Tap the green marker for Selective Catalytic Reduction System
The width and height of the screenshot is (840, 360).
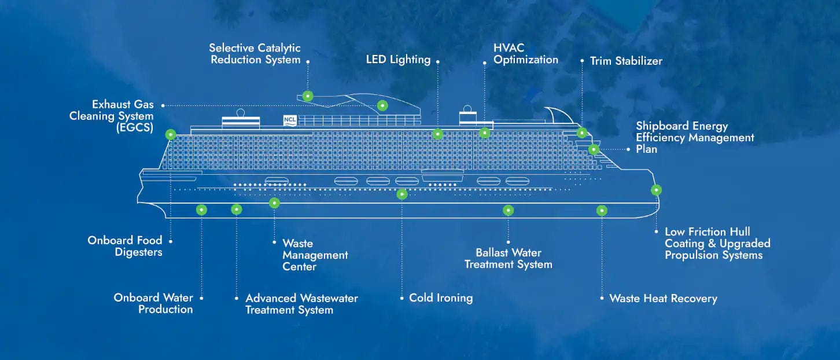point(308,96)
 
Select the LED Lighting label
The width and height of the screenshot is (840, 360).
point(398,60)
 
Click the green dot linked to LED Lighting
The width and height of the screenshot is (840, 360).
point(438,134)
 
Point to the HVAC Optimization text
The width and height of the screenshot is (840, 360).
point(525,54)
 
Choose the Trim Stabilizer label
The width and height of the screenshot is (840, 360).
point(626,61)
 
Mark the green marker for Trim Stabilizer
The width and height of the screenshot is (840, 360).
point(583,133)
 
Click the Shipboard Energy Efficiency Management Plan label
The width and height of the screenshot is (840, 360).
point(695,137)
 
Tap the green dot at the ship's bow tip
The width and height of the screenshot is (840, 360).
point(656,190)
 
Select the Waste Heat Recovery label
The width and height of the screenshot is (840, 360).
point(663,299)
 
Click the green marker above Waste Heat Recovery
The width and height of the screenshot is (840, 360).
point(602,211)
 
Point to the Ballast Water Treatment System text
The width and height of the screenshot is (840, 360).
point(508,259)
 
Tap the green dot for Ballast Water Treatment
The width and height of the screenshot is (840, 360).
point(508,210)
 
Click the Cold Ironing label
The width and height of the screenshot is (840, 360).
point(440,298)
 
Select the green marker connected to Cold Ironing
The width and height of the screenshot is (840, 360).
point(402,194)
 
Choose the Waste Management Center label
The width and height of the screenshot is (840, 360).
point(315,255)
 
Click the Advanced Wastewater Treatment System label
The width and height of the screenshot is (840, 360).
point(301,304)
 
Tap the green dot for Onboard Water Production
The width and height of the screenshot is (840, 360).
point(201,210)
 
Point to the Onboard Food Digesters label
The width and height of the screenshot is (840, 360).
point(125,246)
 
